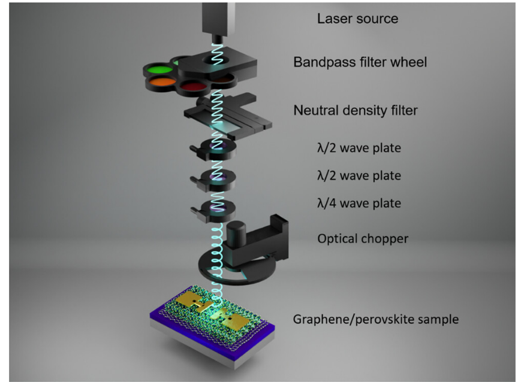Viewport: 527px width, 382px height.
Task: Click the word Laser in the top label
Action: click(x=332, y=19)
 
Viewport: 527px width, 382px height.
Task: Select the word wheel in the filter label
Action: click(x=410, y=62)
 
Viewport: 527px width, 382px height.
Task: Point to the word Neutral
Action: click(x=313, y=111)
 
